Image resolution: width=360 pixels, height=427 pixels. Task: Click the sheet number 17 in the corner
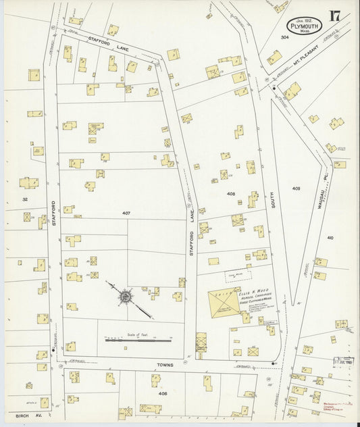334,16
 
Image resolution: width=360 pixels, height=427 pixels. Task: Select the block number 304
285,37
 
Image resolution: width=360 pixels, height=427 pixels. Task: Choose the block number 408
230,194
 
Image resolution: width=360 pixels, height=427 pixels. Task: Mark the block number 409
296,187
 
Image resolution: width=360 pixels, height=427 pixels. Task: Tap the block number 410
330,238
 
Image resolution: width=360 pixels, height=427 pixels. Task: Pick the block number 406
162,393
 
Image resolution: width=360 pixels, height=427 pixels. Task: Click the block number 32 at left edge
25,199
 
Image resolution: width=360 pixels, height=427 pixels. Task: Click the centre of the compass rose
126,296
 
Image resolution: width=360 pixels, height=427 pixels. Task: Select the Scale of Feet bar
142,339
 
